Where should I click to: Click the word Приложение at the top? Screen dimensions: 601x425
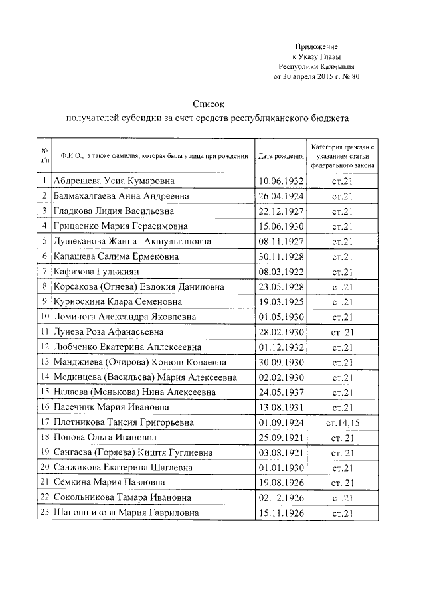coord(317,47)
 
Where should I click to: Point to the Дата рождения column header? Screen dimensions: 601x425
coord(281,156)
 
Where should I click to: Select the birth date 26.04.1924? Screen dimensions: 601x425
coord(281,196)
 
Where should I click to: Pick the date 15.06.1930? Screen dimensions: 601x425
coord(281,226)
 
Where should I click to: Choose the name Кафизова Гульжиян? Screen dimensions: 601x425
coord(96,272)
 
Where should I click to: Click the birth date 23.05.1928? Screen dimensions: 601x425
coord(281,287)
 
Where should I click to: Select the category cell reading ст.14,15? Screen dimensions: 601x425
coord(342,422)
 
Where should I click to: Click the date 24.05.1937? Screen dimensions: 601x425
coord(281,392)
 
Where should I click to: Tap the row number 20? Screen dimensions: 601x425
coord(45,468)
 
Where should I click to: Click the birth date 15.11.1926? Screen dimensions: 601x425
coord(281,513)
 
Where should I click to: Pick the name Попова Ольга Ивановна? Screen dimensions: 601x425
coord(104,438)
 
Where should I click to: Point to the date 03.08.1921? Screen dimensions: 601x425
coord(281,452)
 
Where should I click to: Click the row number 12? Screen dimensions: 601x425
coord(45,347)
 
